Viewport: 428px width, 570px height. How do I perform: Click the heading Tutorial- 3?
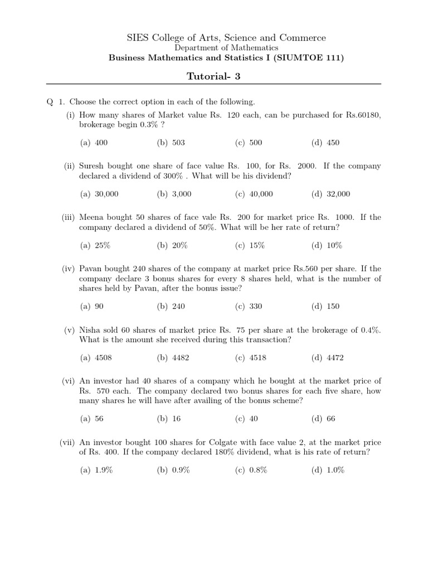(x=213, y=76)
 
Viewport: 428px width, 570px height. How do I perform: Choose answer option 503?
(x=178, y=142)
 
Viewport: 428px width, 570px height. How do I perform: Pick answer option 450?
(x=332, y=142)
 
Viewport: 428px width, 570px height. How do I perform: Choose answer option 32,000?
(x=338, y=194)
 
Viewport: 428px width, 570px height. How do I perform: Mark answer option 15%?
(x=256, y=245)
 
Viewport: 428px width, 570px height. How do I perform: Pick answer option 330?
(x=255, y=306)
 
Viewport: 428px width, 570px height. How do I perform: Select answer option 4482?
(x=179, y=357)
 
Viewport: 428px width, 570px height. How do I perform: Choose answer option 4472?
(x=334, y=357)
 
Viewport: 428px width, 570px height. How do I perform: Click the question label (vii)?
(x=67, y=442)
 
